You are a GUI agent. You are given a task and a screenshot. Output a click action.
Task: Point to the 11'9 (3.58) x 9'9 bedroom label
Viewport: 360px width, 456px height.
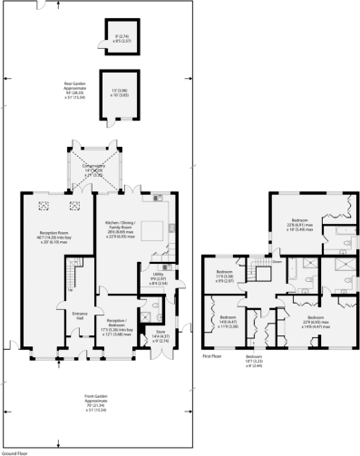[x=225, y=277]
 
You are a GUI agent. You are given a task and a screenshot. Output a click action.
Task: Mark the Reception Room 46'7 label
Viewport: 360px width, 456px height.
[x=42, y=238]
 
